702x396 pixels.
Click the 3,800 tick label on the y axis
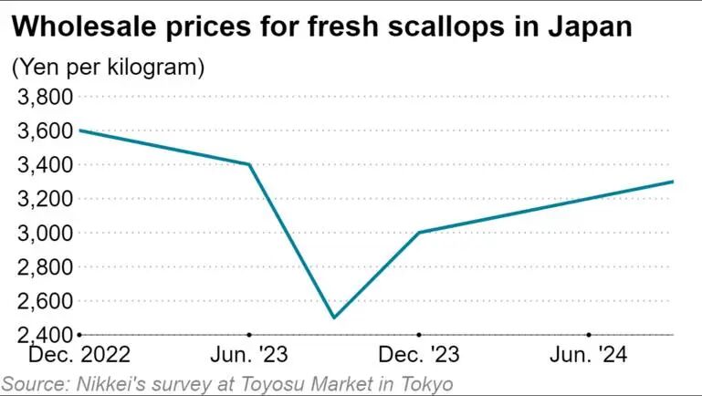click(45, 97)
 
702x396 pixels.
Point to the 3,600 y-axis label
click(45, 130)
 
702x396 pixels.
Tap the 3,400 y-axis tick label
click(45, 164)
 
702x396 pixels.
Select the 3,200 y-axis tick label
click(45, 199)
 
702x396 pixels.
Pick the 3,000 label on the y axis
click(45, 233)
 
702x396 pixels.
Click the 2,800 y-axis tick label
click(45, 266)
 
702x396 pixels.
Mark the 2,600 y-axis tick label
click(45, 301)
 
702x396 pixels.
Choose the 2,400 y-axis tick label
click(45, 334)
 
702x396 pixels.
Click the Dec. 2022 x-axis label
click(79, 355)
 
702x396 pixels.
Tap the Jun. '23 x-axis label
click(249, 355)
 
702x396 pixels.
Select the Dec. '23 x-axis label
click(419, 355)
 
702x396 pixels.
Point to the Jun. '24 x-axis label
click(588, 355)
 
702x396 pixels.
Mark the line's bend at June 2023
click(249, 164)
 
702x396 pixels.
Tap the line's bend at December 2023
click(419, 233)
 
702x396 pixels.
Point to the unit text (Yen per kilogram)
click(109, 68)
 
